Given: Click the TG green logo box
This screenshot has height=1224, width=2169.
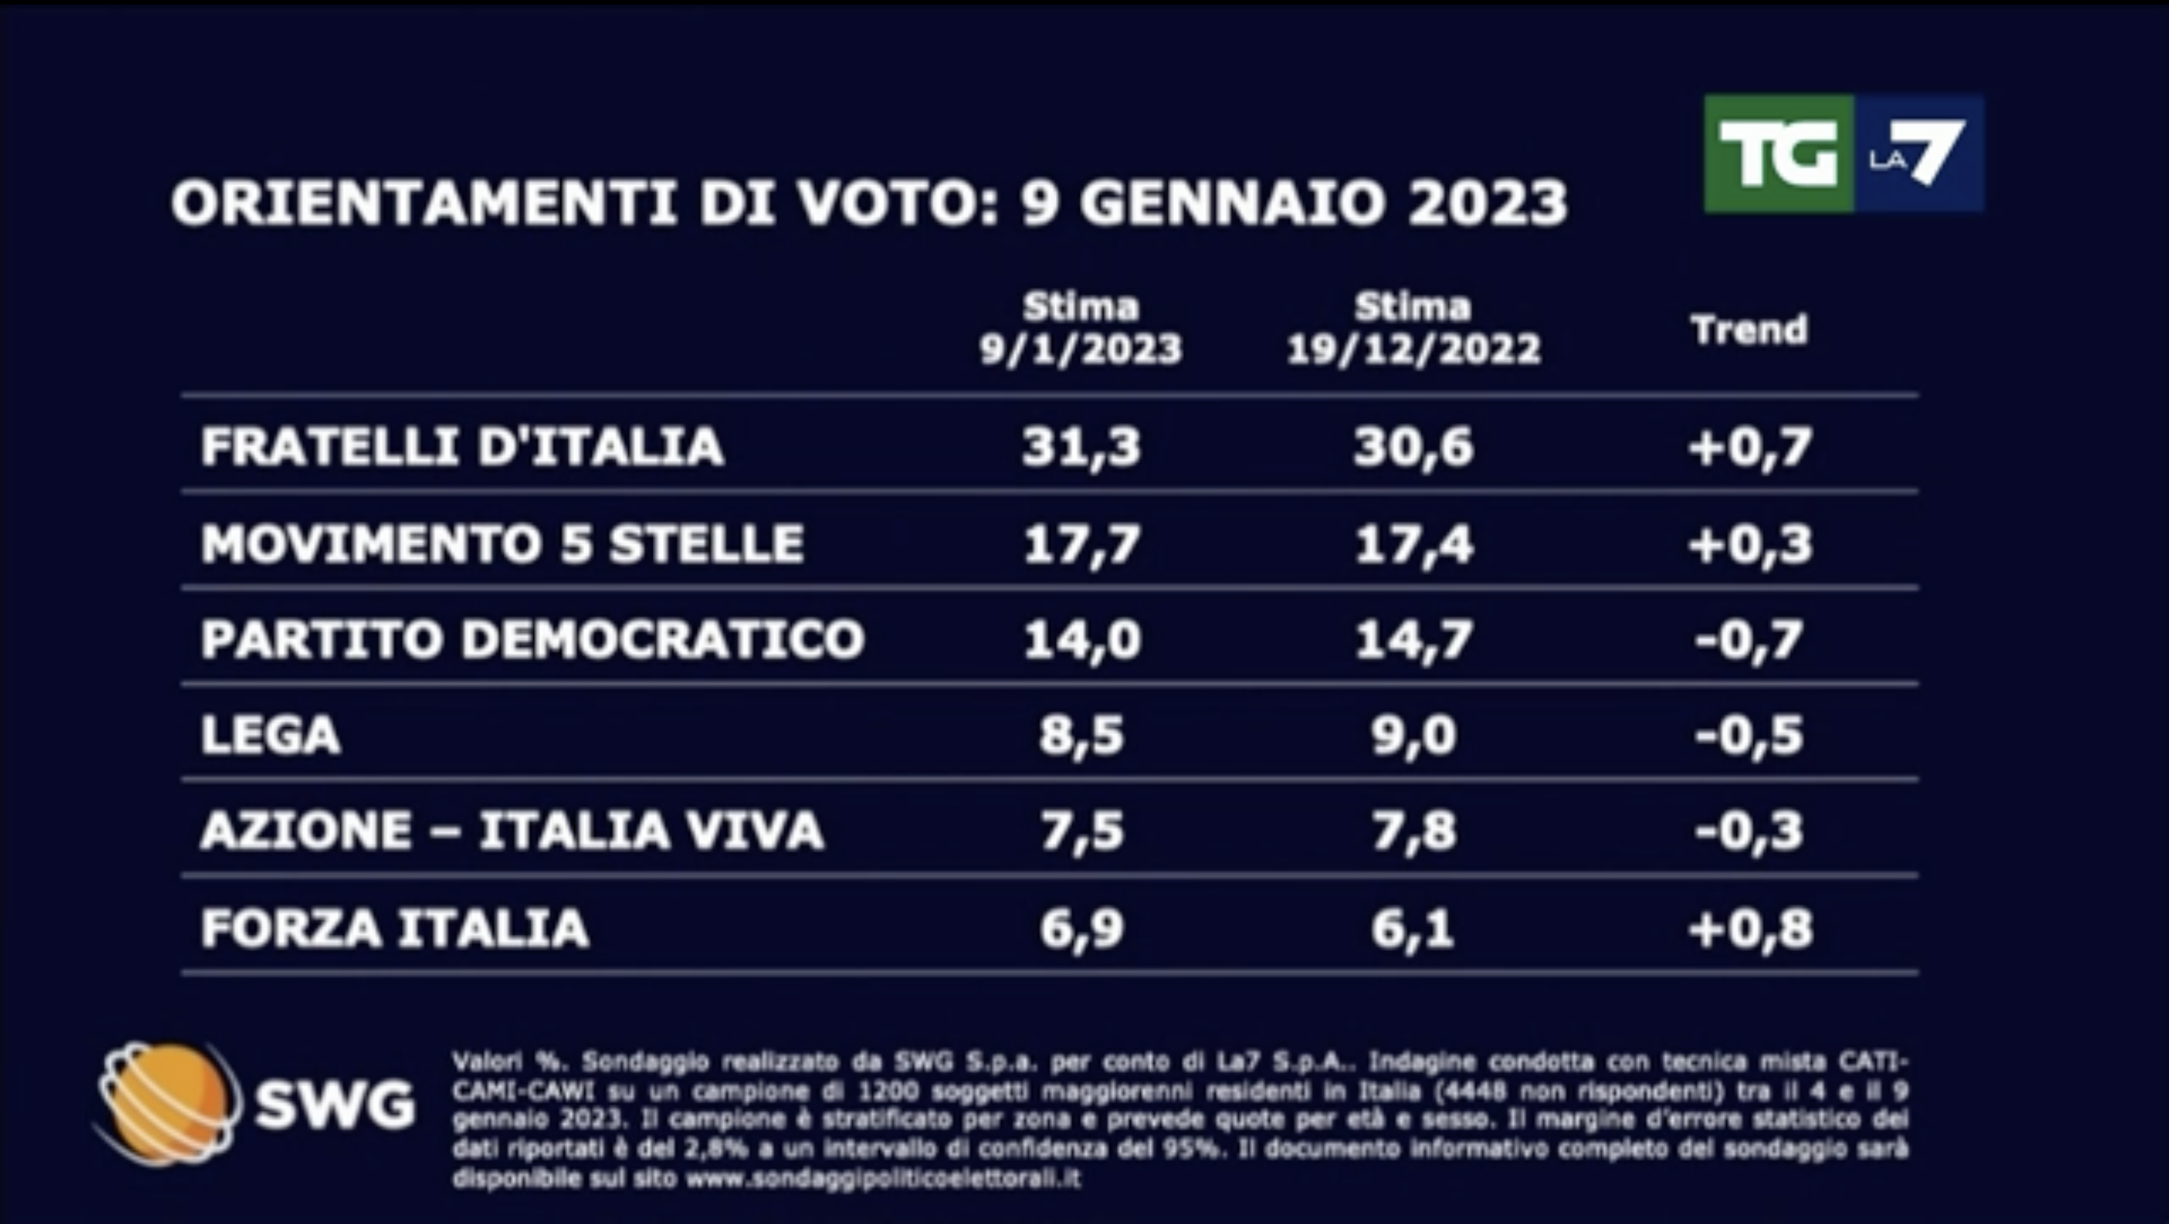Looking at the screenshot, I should coord(1778,154).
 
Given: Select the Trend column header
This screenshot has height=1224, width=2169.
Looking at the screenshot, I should coord(1750,329).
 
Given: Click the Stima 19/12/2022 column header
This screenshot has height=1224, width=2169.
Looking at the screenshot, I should coord(1414,328).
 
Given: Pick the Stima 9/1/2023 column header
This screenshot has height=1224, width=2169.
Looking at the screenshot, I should coord(1081,328).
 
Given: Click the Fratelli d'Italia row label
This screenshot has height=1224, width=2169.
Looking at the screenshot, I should coord(462,446).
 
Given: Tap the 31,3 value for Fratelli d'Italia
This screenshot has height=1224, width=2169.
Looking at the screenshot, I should coord(1081,446).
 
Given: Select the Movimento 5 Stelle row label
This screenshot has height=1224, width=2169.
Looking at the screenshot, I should coord(502,543).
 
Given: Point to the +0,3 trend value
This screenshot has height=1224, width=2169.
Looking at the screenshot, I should coord(1750,543).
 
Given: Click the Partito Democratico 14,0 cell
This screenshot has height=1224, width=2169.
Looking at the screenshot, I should coord(1081,640).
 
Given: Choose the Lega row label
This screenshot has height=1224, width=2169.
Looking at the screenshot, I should coord(270,735).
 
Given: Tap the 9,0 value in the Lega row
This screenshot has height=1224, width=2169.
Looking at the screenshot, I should coord(1414,735).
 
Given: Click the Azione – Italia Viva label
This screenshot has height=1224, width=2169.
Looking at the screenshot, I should coord(511,831).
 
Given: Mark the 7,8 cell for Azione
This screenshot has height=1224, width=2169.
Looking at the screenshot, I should coord(1414,831).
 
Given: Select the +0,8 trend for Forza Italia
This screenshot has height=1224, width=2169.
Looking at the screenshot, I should coord(1750,928).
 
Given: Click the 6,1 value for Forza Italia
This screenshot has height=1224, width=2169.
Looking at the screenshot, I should coord(1414,928).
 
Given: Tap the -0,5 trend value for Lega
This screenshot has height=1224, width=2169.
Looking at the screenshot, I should coord(1750,735).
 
